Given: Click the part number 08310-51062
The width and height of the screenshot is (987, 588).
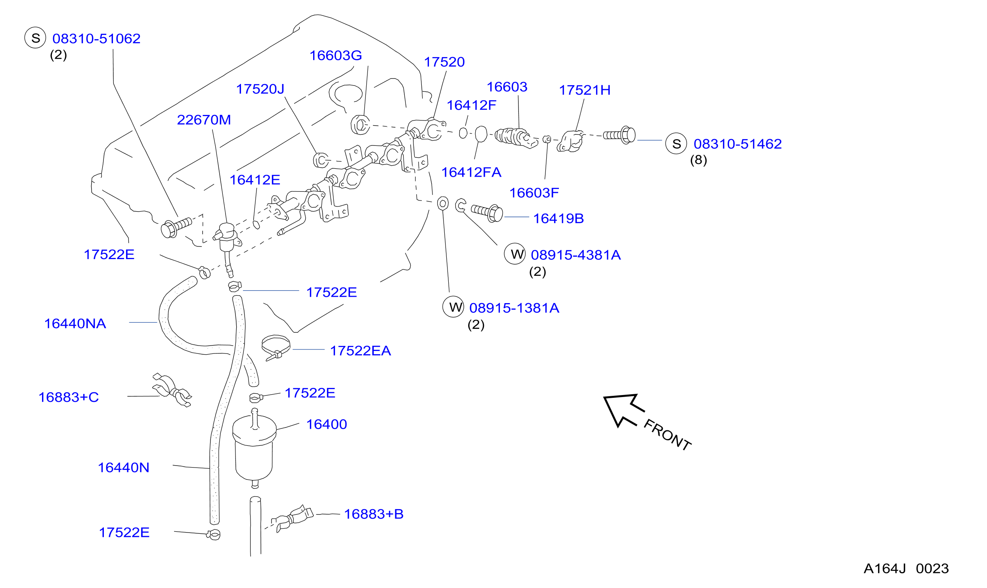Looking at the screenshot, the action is (x=96, y=39).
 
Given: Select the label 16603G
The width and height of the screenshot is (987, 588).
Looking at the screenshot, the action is (x=335, y=55).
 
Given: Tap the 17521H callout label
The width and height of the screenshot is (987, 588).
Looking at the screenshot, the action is (x=585, y=90).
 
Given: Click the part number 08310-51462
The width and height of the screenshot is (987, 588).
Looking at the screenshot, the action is (x=738, y=144).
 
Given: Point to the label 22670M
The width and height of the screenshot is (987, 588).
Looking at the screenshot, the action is (x=204, y=120).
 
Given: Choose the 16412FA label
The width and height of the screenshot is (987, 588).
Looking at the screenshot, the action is (x=471, y=172).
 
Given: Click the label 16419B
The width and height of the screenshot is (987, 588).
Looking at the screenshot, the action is (x=559, y=218).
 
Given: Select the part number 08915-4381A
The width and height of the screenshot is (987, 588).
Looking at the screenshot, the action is (x=576, y=255).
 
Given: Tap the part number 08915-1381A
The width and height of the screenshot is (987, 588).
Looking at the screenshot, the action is (x=514, y=308).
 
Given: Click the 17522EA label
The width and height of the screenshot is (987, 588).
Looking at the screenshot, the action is (x=360, y=351).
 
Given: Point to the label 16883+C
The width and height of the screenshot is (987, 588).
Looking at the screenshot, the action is (x=69, y=397).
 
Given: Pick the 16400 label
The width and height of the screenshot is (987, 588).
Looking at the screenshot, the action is (x=327, y=424).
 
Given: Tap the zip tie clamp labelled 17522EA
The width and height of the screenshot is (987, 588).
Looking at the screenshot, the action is (x=276, y=347).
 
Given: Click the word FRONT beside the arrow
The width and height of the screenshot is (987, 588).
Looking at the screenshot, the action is (x=668, y=435).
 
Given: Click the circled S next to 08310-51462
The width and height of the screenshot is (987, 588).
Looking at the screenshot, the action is (x=676, y=143).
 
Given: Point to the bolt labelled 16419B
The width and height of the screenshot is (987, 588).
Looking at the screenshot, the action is (x=487, y=212).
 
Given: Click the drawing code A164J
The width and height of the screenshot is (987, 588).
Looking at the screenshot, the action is (x=885, y=569).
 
